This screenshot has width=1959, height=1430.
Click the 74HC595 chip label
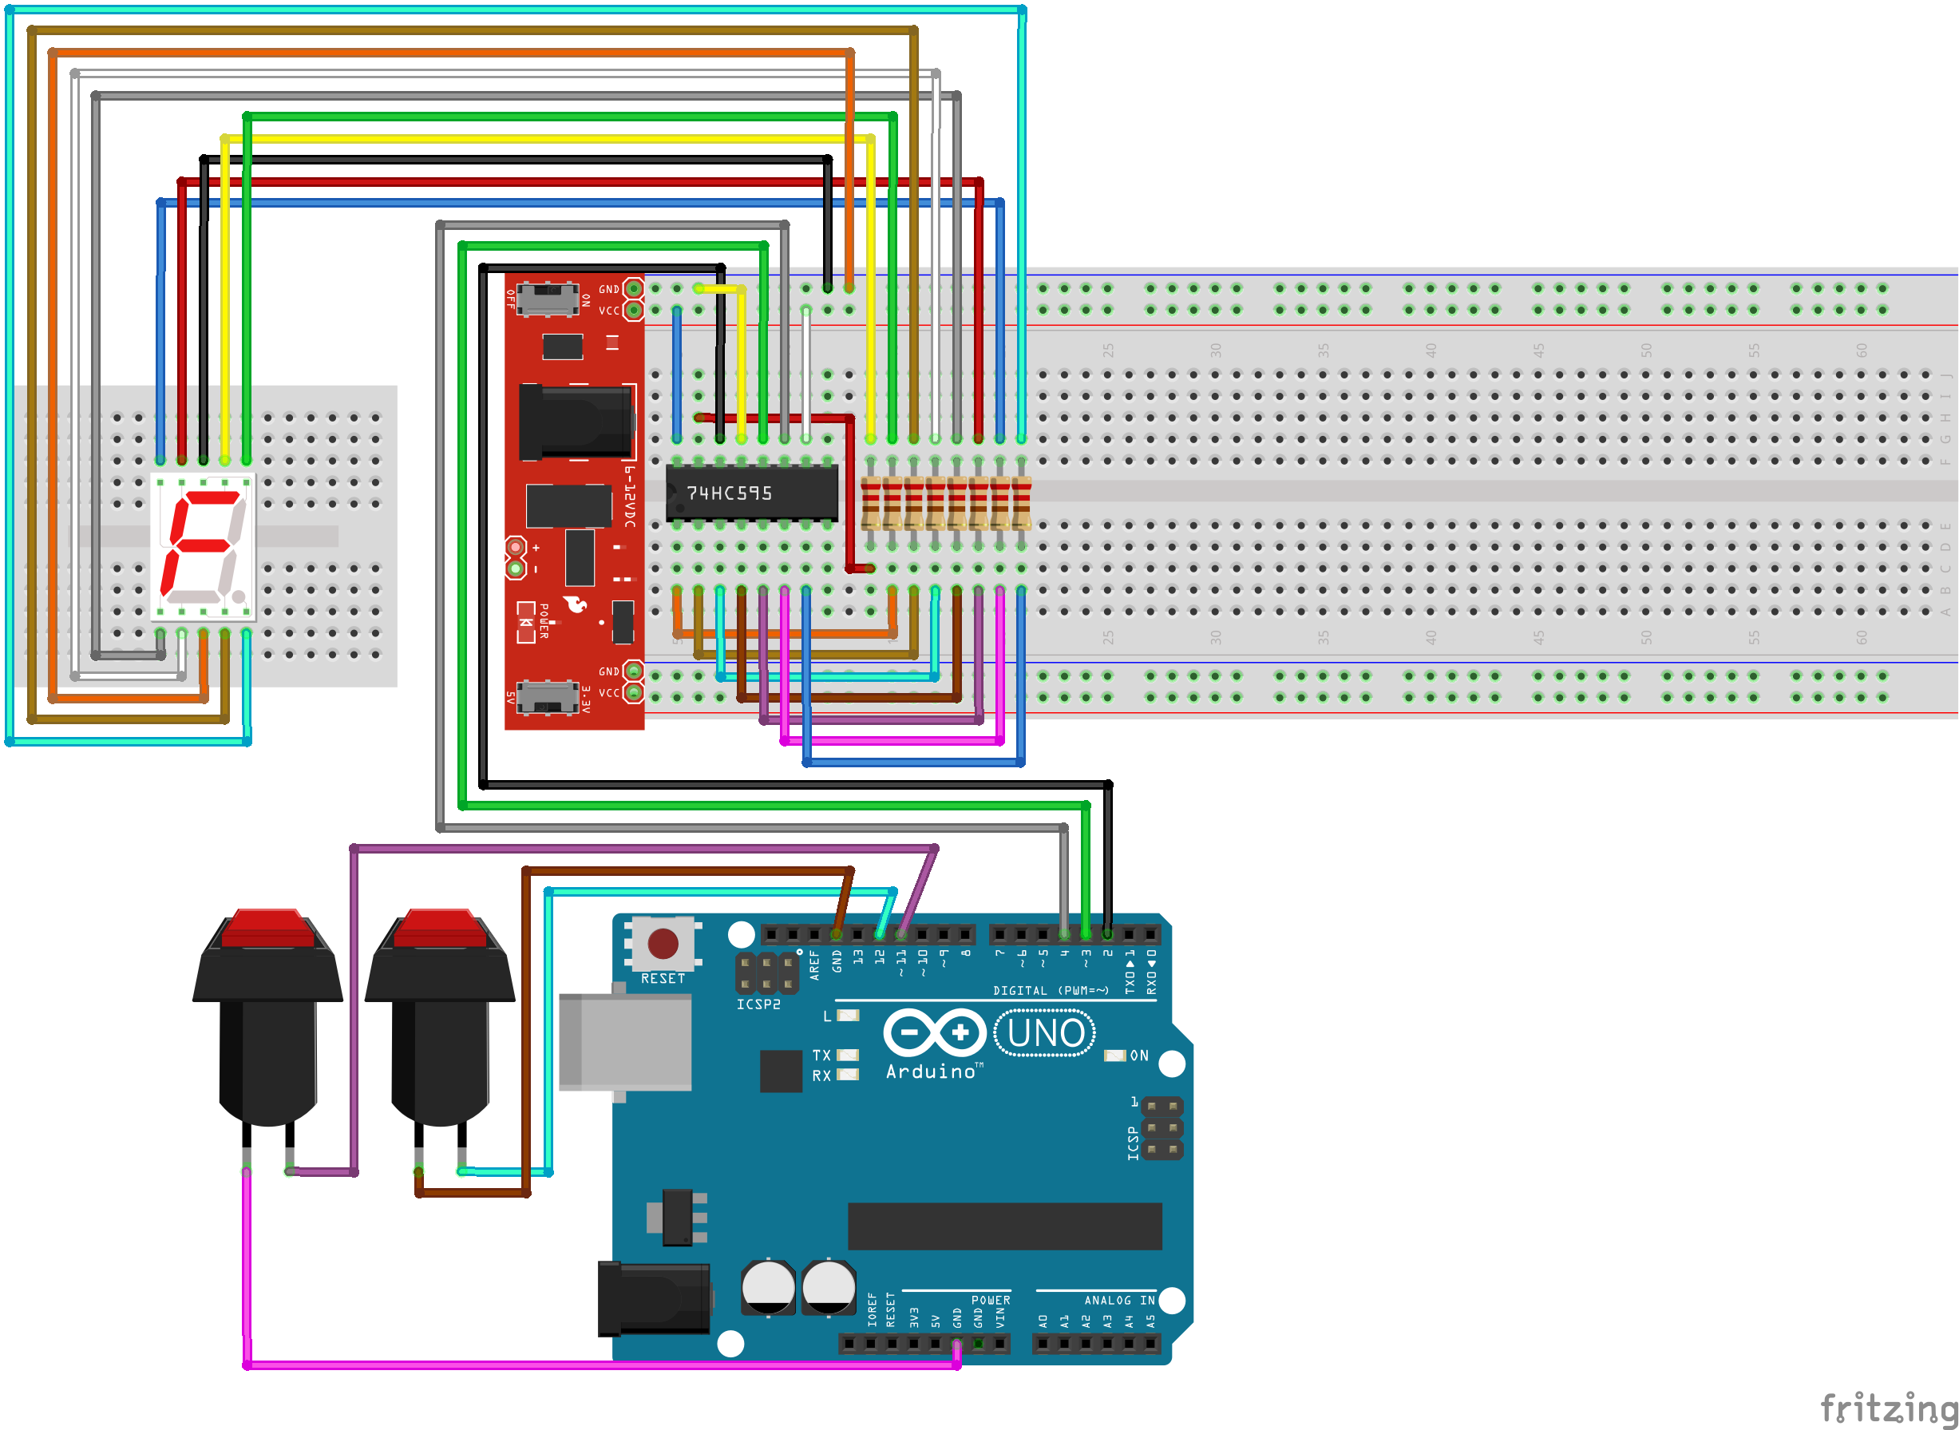(729, 493)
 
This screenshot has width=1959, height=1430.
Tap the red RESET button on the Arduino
(663, 944)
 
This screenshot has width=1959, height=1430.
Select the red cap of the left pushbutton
(267, 928)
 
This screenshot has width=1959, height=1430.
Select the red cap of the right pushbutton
(440, 928)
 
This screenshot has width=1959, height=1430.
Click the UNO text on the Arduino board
(1045, 1033)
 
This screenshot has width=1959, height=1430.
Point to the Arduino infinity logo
(935, 1032)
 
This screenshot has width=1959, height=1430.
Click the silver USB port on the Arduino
(625, 1041)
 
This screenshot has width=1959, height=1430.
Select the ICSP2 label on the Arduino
(758, 1004)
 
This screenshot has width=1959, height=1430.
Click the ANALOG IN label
(1119, 1300)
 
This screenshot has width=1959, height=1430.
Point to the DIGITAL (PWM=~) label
(1051, 990)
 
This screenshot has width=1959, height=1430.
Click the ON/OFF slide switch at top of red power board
(547, 299)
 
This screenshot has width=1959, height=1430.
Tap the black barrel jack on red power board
(576, 422)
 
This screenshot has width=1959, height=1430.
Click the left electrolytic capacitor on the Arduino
(767, 1287)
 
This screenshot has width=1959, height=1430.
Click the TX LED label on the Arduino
(821, 1056)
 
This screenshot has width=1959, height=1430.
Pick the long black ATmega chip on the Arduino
(1003, 1226)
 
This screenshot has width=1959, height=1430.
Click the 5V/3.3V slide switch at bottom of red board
(547, 696)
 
